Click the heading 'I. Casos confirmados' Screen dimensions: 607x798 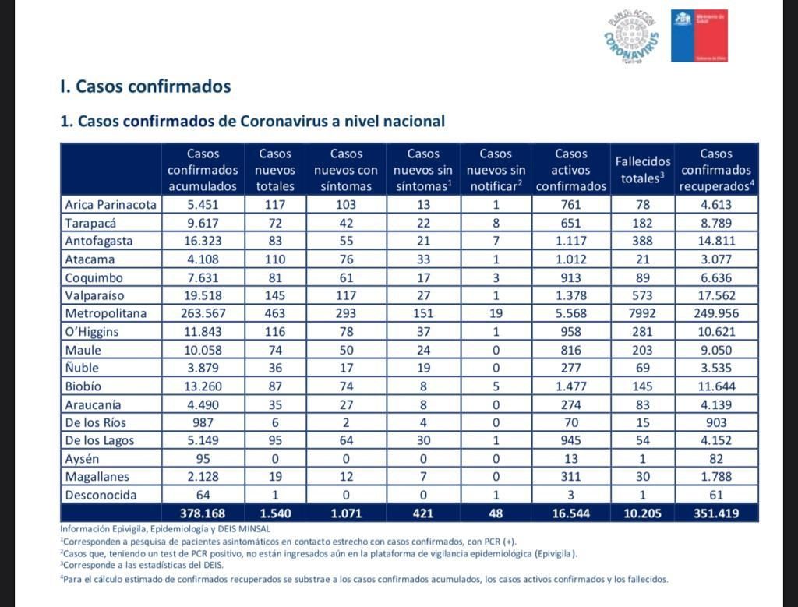(x=146, y=86)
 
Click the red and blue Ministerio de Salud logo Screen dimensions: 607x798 (x=699, y=36)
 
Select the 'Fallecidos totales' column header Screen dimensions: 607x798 (x=643, y=170)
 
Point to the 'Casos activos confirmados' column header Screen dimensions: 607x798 (x=571, y=170)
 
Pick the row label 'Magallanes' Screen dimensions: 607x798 (x=97, y=477)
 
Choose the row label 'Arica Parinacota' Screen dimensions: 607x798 (x=111, y=205)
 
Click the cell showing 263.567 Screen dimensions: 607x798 (x=203, y=313)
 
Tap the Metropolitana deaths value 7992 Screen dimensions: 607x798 (x=643, y=313)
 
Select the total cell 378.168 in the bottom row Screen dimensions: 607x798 (x=203, y=513)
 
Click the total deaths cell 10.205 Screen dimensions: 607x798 (x=643, y=513)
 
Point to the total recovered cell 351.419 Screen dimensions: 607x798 (x=716, y=513)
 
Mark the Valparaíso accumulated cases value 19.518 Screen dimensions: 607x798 (x=203, y=295)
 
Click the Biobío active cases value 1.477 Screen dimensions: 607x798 (x=571, y=386)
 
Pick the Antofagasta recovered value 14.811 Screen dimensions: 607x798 (x=716, y=241)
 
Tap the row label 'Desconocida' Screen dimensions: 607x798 (x=101, y=495)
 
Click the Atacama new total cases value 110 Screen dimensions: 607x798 (x=275, y=259)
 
